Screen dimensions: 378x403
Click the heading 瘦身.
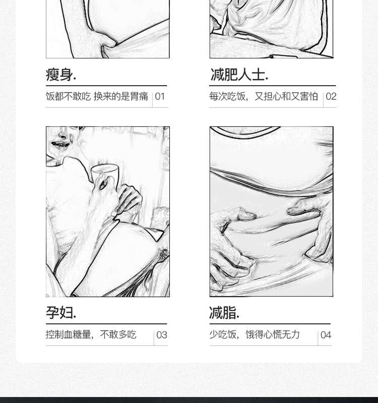pyautogui.click(x=61, y=75)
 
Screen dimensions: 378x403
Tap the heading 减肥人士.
pyautogui.click(x=239, y=75)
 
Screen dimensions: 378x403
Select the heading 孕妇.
pyautogui.click(x=61, y=313)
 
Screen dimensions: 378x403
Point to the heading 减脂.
pyautogui.click(x=224, y=313)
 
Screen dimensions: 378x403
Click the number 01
pyautogui.click(x=160, y=97)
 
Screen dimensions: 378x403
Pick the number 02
pyautogui.click(x=331, y=97)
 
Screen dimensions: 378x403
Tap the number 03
pyautogui.click(x=162, y=335)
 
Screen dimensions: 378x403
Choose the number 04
pyautogui.click(x=326, y=335)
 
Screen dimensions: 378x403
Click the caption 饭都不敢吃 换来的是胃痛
pyautogui.click(x=97, y=96)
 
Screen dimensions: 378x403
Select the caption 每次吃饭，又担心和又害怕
pyautogui.click(x=264, y=96)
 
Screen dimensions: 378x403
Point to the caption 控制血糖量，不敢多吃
pyautogui.click(x=91, y=334)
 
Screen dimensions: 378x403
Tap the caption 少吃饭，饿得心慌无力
pyautogui.click(x=255, y=334)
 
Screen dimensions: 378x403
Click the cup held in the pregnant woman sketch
pyautogui.click(x=105, y=174)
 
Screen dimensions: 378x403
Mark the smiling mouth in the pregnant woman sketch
pyautogui.click(x=60, y=145)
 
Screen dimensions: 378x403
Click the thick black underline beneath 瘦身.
pyautogui.click(x=106, y=86)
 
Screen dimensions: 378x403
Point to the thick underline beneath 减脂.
pyautogui.click(x=270, y=324)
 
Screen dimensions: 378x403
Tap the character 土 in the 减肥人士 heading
pyautogui.click(x=258, y=75)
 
